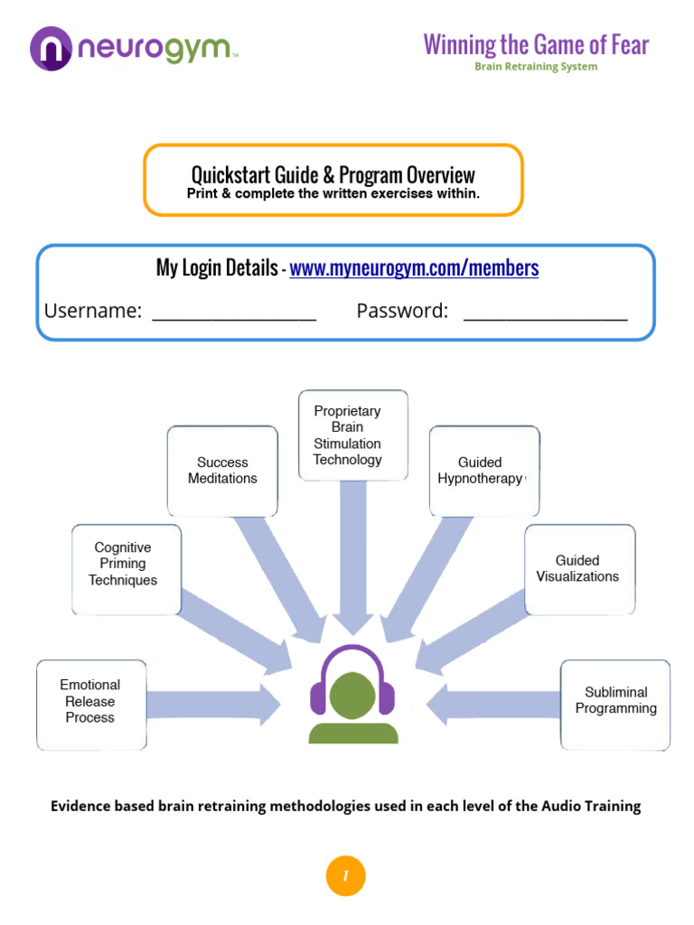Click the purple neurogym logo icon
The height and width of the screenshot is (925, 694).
(x=52, y=48)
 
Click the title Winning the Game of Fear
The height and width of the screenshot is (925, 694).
(x=536, y=44)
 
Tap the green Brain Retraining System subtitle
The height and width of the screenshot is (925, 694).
(x=536, y=67)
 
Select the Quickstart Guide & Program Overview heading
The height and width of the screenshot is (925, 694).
(x=333, y=174)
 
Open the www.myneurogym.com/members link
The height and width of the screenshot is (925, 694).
(x=414, y=268)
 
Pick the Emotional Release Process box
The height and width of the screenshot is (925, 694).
(x=90, y=701)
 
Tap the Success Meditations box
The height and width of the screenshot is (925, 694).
(x=222, y=471)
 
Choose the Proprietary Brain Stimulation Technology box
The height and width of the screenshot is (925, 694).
(x=348, y=435)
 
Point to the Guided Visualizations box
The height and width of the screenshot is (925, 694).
(x=578, y=568)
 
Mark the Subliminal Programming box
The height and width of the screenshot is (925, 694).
(x=615, y=701)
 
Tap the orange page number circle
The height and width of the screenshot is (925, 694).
(x=345, y=875)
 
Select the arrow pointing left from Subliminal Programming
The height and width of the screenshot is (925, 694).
(x=493, y=703)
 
